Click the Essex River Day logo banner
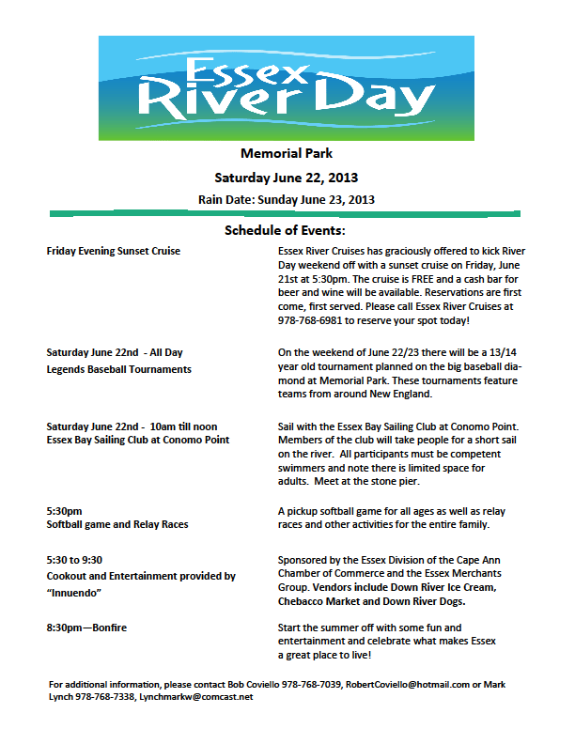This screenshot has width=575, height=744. point(287,86)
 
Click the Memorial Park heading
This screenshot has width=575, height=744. point(287,153)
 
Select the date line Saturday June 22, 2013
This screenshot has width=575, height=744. point(287,177)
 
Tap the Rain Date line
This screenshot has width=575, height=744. point(287,199)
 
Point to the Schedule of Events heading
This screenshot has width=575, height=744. point(286,231)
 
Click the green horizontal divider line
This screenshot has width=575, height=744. point(287,214)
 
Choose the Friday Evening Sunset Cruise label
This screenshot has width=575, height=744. point(114,252)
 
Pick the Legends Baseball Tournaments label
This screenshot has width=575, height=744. point(119,369)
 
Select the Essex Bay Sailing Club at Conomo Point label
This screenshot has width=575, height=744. point(138,440)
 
